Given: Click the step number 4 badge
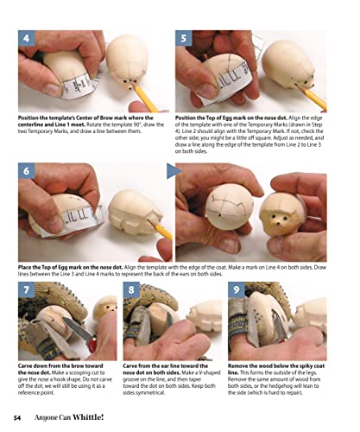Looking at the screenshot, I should pos(28,39).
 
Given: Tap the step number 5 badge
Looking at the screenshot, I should pos(185,39).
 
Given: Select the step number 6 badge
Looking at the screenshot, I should pos(28,173).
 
